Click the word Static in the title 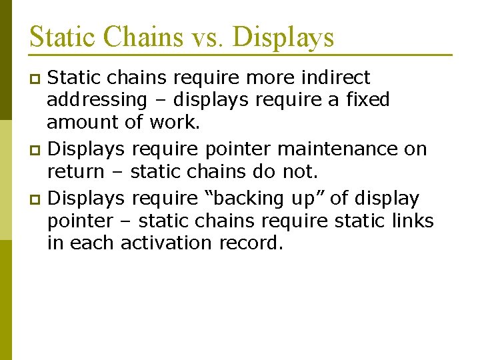pos(61,37)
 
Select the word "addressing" pos(97,101)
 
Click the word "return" pos(75,172)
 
